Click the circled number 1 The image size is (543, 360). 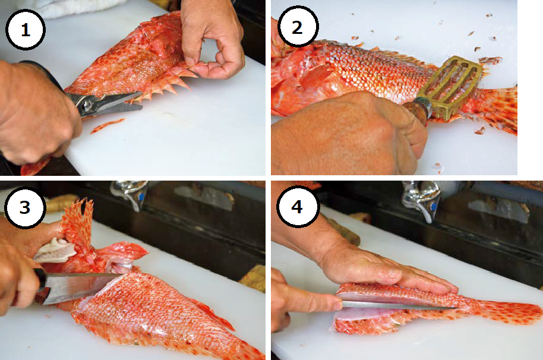[26, 30]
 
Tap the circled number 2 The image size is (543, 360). [298, 27]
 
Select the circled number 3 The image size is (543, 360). [25, 207]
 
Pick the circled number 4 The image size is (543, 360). [297, 206]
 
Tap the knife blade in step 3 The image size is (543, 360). [80, 287]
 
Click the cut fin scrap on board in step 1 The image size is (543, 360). [108, 125]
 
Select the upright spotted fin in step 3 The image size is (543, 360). [78, 223]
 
